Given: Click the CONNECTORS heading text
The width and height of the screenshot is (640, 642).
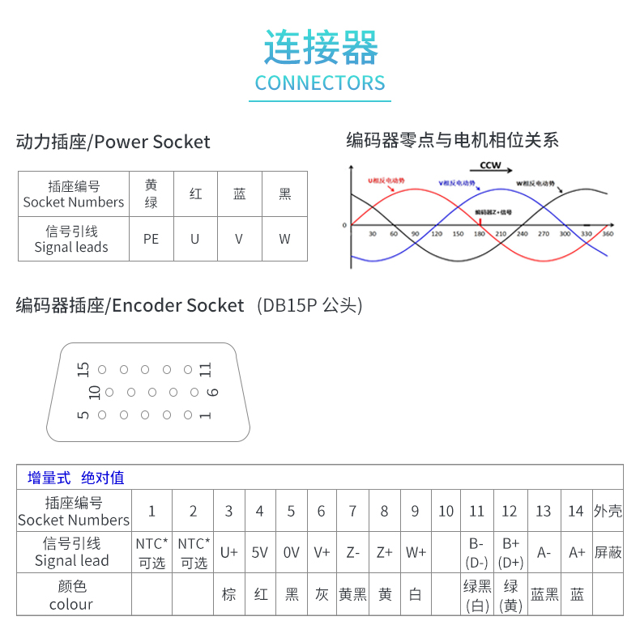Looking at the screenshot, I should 320,83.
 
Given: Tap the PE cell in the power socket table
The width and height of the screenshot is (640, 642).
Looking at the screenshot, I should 151,239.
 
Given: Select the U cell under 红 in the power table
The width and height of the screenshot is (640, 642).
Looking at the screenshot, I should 195,239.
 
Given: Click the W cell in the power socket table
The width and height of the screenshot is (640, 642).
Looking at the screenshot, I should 284,239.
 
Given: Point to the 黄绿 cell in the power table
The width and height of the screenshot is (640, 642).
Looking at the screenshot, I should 151,193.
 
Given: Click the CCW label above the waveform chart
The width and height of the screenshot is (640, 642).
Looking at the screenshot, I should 491,165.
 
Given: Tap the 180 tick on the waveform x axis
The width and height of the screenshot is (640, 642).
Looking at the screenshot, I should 480,234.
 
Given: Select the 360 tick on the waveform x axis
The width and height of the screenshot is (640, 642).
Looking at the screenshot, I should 608,234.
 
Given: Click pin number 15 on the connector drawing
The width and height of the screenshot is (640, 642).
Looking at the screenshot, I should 83,370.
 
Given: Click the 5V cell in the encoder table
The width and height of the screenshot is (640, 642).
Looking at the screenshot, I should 259,552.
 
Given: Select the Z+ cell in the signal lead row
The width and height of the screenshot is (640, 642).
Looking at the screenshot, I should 384,552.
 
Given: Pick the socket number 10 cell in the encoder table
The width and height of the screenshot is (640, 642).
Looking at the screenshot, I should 446,511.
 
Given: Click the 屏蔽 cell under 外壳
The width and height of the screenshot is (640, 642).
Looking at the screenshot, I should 608,552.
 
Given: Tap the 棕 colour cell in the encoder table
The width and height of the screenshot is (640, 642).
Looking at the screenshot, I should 229,594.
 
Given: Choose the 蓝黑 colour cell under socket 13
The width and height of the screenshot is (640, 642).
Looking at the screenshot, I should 544,594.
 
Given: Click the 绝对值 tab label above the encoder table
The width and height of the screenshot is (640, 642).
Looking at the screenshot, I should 103,478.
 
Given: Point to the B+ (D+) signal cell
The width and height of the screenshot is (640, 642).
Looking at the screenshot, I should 510,552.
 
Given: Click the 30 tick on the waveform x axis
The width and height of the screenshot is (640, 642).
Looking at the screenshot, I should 373,234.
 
